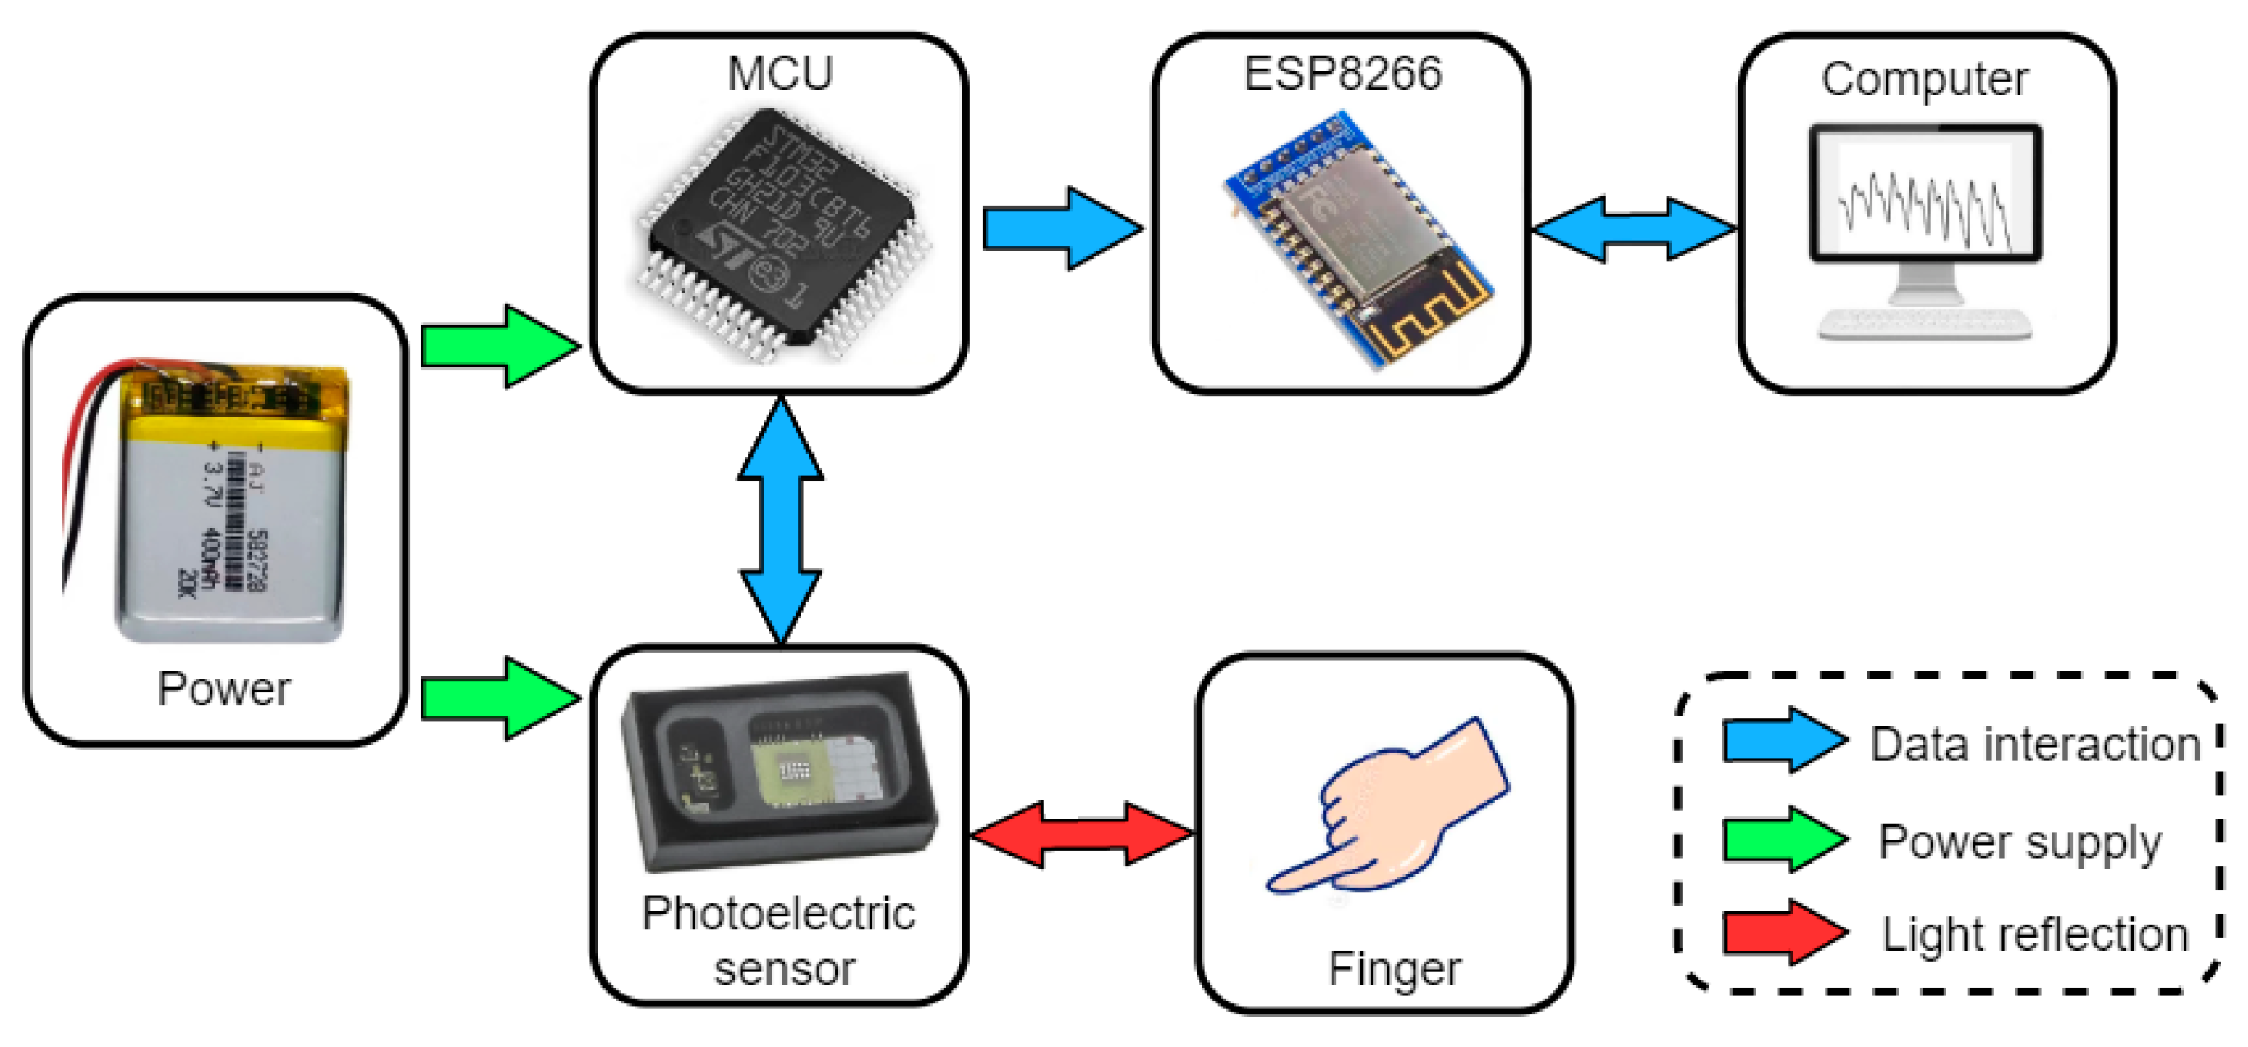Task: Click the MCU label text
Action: pos(779,73)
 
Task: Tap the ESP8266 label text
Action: pos(1342,73)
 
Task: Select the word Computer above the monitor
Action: pos(1924,80)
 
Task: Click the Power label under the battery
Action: pos(224,689)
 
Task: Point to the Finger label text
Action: pos(1394,968)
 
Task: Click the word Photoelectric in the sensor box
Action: pos(778,914)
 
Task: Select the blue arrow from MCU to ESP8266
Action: pos(1060,228)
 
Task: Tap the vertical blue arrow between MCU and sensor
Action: pos(780,522)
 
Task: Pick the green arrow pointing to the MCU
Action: pos(498,346)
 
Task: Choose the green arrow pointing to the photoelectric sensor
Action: pos(498,698)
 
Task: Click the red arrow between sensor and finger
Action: pos(1082,834)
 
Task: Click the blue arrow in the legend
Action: pos(1783,740)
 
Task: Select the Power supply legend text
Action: pos(2019,842)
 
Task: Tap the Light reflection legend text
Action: pos(2034,934)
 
